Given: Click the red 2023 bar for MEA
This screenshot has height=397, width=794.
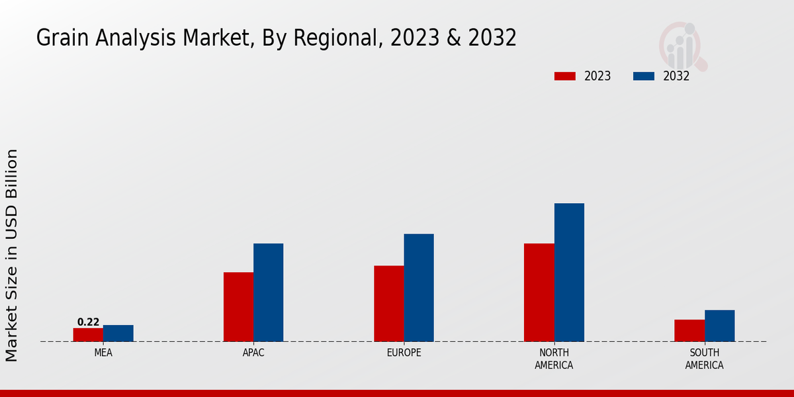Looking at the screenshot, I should click(x=88, y=335).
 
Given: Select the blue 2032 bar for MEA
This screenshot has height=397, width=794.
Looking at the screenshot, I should click(x=118, y=333).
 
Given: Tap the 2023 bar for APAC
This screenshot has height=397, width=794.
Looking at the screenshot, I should click(x=238, y=307).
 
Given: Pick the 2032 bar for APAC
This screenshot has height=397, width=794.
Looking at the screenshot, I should click(x=269, y=292).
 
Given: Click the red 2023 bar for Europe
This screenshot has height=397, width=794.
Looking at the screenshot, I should click(x=389, y=304).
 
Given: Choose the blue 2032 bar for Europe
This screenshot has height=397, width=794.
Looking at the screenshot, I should click(x=419, y=288).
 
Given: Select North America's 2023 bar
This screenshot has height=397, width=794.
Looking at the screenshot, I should click(x=539, y=292).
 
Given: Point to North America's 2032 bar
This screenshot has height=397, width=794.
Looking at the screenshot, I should click(x=569, y=273).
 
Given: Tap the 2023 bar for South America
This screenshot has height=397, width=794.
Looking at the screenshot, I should click(x=689, y=331).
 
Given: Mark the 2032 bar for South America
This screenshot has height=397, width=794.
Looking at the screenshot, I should click(x=720, y=326).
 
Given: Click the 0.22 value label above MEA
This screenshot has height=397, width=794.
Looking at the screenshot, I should click(x=88, y=322).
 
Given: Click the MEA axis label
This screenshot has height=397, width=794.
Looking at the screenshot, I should click(x=103, y=353).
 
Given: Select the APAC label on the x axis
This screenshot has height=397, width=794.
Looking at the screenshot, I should click(x=253, y=353).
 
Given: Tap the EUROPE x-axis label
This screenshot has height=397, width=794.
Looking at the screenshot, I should click(x=404, y=353).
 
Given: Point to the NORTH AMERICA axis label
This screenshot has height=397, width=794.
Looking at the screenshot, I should click(x=554, y=359).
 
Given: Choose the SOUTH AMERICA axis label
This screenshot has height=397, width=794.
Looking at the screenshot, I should click(x=705, y=359).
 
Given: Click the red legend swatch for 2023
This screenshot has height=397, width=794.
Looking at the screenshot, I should click(x=564, y=76).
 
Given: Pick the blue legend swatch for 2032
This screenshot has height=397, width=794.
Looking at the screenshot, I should click(x=644, y=76).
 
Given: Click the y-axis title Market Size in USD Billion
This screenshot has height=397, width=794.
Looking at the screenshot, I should click(x=12, y=255).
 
